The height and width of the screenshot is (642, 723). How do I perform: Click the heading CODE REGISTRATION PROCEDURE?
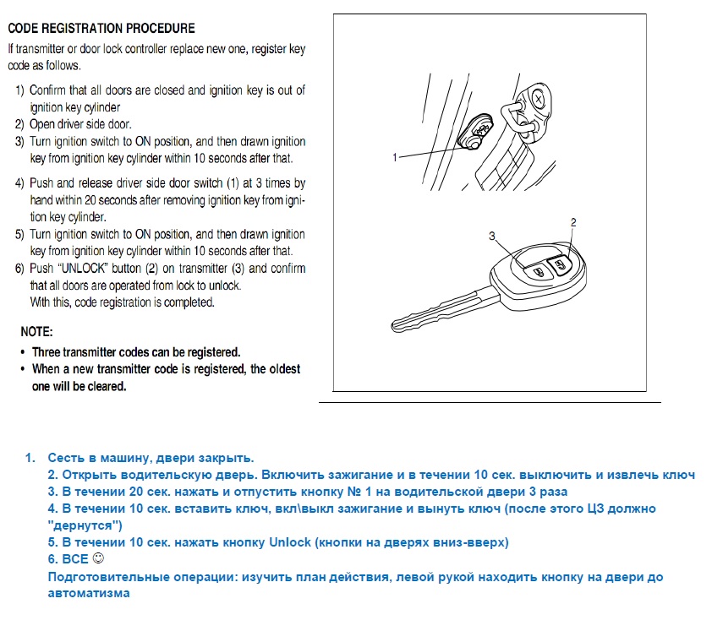coord(101,29)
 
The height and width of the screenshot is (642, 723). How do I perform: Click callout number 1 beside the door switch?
coord(395,157)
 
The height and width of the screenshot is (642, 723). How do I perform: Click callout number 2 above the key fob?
coord(573,222)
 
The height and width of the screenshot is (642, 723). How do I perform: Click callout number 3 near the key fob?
coord(491,236)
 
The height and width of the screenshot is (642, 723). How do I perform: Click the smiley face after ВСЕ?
coord(97,559)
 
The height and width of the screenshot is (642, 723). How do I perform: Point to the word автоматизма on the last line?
coord(89,593)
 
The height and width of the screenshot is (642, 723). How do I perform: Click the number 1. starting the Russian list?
coord(30,458)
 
